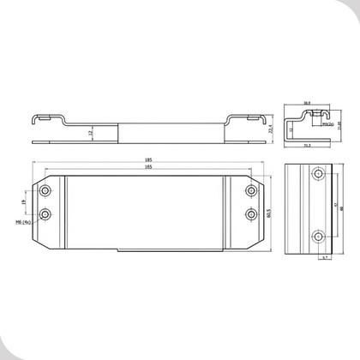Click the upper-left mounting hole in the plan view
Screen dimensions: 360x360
pos(45,189)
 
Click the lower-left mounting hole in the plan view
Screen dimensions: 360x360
pos(45,212)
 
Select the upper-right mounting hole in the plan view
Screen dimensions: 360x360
pos(250,189)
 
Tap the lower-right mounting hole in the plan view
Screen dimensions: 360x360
pos(250,212)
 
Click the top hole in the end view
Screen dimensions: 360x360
pos(318,175)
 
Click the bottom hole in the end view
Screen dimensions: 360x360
pos(318,233)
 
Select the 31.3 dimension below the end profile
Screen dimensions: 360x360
pos(308,145)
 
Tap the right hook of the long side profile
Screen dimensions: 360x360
pos(251,117)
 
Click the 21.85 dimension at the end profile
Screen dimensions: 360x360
pos(339,124)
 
